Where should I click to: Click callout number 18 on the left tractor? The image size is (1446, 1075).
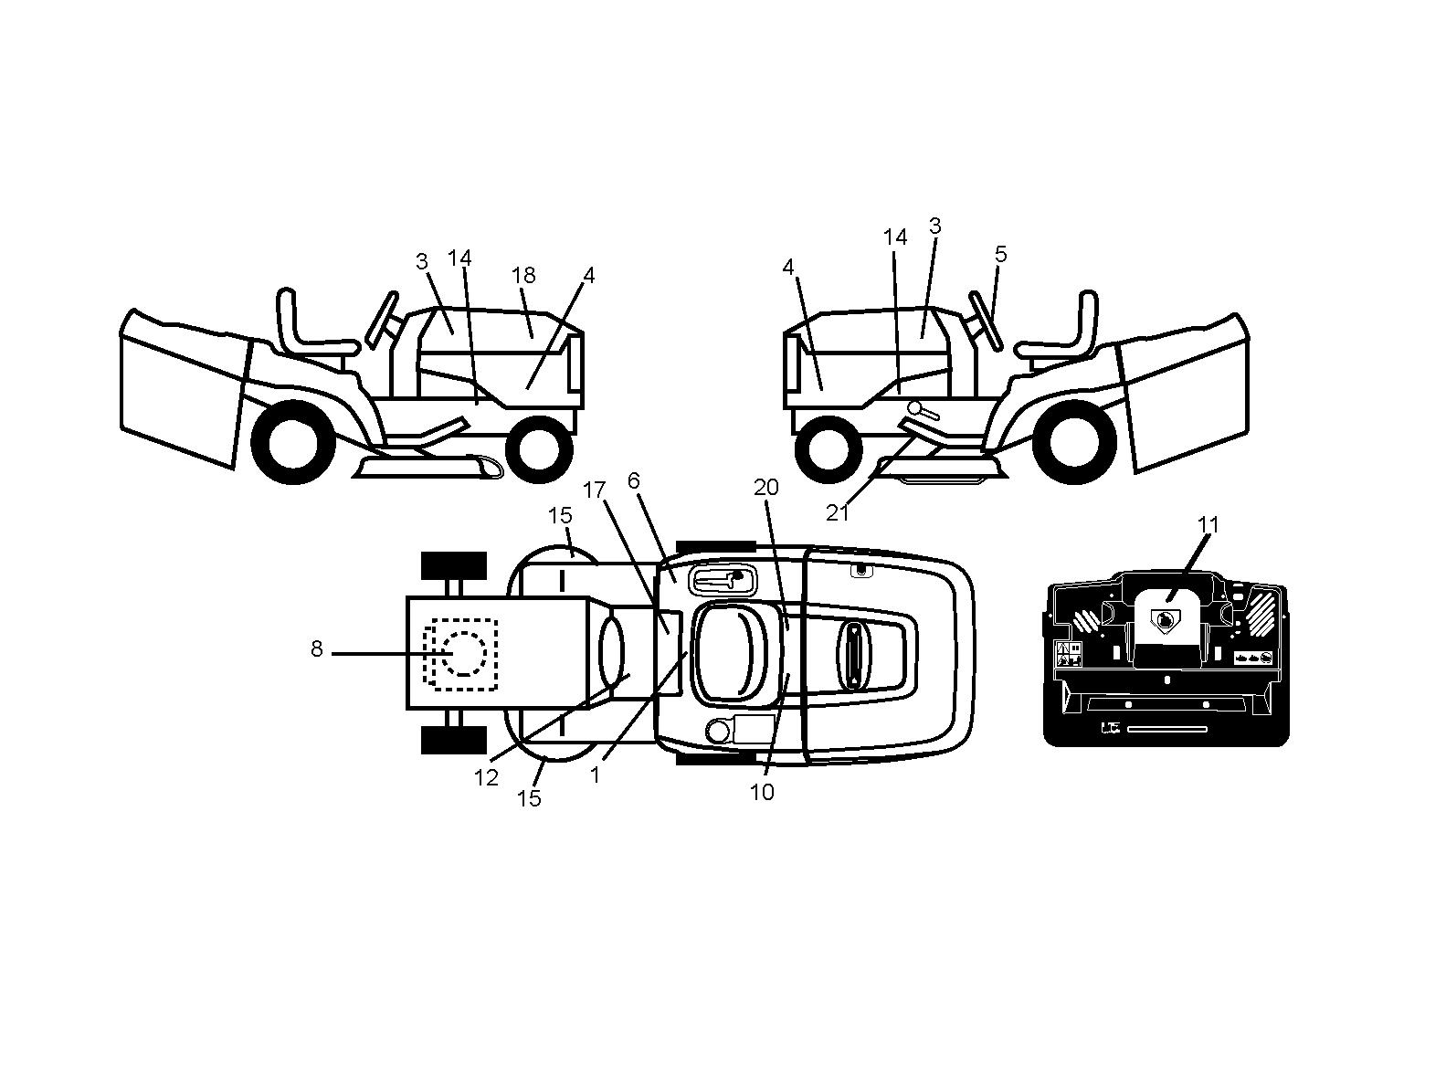[523, 275]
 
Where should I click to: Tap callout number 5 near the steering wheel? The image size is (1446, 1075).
[1001, 254]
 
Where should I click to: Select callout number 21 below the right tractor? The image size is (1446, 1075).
[837, 513]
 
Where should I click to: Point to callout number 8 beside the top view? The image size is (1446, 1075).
[316, 648]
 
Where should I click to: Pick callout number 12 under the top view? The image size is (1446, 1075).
[486, 778]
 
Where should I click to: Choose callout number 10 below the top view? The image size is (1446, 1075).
[762, 792]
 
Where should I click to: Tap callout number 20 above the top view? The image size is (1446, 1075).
[766, 487]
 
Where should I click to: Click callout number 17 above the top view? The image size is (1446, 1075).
[594, 490]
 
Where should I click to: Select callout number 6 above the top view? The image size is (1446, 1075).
[634, 480]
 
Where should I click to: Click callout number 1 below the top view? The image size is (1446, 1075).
[595, 775]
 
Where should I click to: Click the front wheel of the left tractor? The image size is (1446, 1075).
[540, 448]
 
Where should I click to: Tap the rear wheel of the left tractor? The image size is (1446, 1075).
[292, 443]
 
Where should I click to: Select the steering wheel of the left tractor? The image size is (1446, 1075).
[382, 320]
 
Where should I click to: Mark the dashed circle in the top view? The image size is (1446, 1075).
[464, 654]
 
